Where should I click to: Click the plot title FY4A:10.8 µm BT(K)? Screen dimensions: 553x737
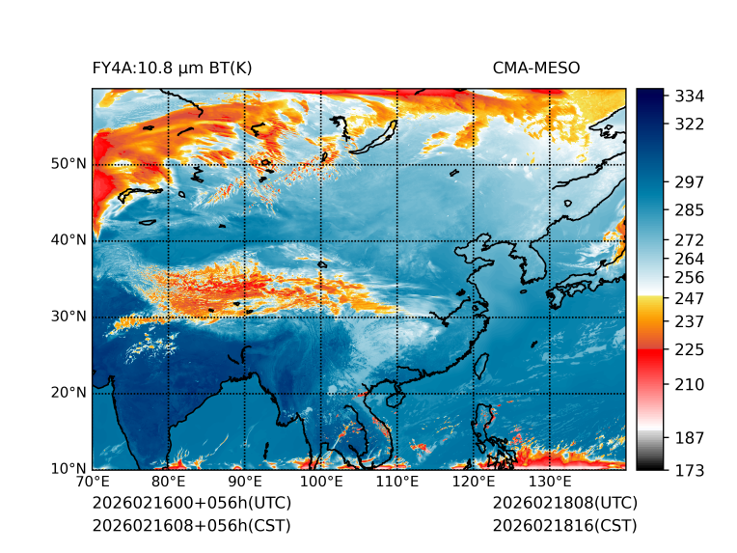(172, 69)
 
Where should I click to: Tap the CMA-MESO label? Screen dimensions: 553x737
(535, 69)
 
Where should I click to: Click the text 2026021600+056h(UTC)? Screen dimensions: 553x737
(191, 504)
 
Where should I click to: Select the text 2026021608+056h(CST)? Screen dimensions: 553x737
(191, 526)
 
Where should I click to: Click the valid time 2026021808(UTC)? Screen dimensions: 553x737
(564, 504)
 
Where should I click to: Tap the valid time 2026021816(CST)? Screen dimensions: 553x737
(564, 526)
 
